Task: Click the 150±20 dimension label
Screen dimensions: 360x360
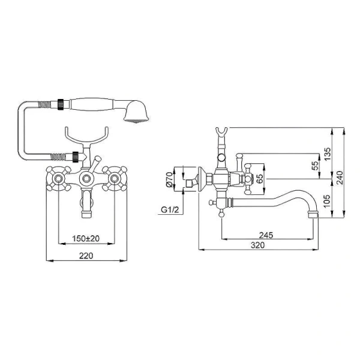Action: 86,239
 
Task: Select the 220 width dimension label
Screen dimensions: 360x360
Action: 86,256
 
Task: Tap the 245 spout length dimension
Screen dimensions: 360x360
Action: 266,235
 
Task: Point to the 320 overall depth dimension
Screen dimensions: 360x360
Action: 257,245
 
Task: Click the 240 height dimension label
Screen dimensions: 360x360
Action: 340,178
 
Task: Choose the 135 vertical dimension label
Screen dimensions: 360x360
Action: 328,154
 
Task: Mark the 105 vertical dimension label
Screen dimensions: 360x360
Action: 328,200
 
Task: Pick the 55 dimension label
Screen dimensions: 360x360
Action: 316,166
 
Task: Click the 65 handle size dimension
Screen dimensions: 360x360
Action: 259,179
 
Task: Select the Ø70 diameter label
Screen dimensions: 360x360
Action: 169,179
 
